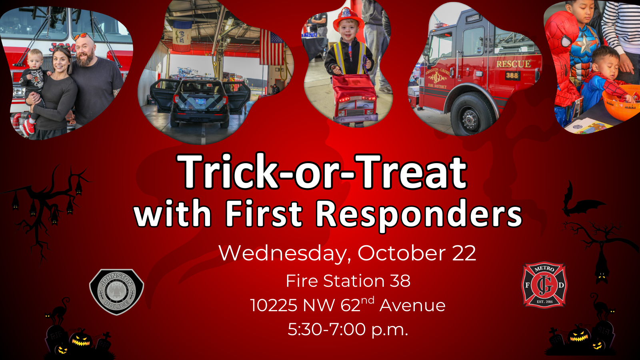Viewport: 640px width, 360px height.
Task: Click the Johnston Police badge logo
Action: [x=116, y=292]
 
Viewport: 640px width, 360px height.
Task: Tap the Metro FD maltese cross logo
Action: [x=544, y=285]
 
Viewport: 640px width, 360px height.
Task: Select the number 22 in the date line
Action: [x=464, y=253]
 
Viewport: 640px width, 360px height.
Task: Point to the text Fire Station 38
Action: [x=348, y=280]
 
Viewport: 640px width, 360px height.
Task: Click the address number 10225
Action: [x=274, y=305]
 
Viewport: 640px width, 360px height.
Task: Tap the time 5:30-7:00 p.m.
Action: [x=348, y=330]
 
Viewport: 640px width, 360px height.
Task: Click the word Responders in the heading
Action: [x=418, y=214]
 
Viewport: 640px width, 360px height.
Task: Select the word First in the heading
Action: [x=264, y=213]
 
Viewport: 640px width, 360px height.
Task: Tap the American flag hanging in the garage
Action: [x=272, y=48]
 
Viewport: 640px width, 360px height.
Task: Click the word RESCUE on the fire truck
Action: [x=514, y=64]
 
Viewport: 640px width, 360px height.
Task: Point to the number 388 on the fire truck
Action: [x=512, y=76]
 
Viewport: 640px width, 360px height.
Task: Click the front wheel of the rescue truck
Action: [x=472, y=114]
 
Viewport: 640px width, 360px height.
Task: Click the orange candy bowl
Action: [x=622, y=102]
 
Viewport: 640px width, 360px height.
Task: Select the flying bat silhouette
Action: [x=580, y=202]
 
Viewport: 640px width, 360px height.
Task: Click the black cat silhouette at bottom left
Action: [x=58, y=312]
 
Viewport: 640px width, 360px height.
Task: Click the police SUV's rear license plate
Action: [x=200, y=101]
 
